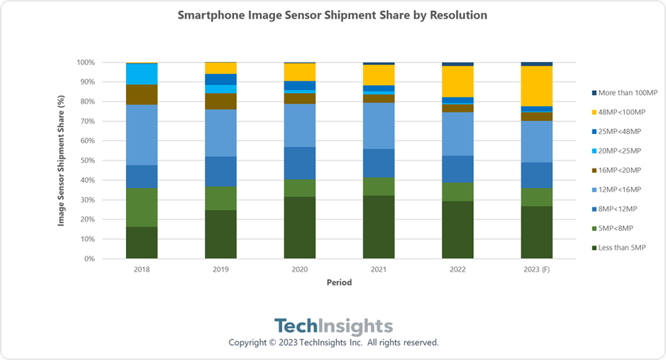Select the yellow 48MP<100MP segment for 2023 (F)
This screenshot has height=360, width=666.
pos(536,86)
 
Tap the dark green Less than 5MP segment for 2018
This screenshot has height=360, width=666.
pos(141,243)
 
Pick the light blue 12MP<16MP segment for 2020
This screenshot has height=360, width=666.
pos(300,125)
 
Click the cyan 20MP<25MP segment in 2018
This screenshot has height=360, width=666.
pos(141,74)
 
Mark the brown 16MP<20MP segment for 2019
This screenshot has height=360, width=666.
pos(220,102)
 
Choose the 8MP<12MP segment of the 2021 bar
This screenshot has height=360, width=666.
pos(379,163)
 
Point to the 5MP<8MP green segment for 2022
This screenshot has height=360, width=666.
pos(458,192)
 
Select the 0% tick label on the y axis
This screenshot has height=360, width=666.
pos(88,258)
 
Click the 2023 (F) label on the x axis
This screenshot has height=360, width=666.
pos(536,270)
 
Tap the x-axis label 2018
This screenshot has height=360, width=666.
pos(141,270)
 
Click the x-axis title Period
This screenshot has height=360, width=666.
pos(338,283)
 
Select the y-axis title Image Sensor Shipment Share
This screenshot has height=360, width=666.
pos(62,161)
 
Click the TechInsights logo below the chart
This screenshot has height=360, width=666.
pos(333,325)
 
